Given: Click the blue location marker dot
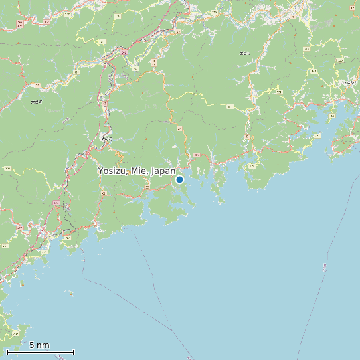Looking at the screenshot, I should (x=179, y=179).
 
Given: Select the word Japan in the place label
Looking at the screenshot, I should (x=163, y=171).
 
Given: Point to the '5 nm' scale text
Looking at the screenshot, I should (x=39, y=345).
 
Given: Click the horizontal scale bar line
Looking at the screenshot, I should (x=40, y=352).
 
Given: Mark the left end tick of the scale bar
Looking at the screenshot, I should (x=7, y=352).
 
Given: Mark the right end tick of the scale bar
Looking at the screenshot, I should (x=74, y=352).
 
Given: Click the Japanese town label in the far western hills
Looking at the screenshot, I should (x=36, y=102).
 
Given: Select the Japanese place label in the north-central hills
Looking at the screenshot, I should (x=245, y=52).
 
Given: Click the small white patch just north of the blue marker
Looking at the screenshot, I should (x=175, y=147).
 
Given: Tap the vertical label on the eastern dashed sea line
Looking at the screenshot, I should (x=325, y=267).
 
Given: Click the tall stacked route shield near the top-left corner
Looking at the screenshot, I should (x=21, y=24).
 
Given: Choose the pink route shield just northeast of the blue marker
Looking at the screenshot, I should (x=196, y=155).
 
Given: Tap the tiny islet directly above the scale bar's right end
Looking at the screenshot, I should (x=69, y=292).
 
